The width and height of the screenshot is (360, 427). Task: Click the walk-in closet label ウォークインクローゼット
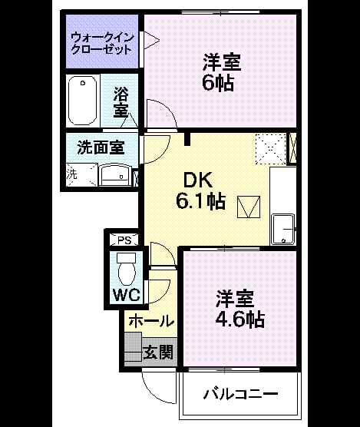tap(102, 44)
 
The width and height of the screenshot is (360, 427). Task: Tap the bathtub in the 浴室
tap(83, 100)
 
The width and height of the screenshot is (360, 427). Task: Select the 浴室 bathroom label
tap(121, 102)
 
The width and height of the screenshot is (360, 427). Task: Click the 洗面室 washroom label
tap(101, 147)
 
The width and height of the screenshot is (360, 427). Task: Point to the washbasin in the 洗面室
tap(115, 175)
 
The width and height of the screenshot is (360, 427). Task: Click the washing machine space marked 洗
tap(81, 175)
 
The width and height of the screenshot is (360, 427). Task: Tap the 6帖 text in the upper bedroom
tap(218, 83)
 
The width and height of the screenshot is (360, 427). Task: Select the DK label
tap(198, 180)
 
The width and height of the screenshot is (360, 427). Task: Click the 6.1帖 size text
tap(201, 201)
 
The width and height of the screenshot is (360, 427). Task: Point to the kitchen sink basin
tap(283, 230)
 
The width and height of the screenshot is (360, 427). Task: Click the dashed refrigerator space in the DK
tap(271, 149)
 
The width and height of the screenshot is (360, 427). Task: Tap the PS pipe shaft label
tap(124, 240)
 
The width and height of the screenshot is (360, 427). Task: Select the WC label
tap(127, 294)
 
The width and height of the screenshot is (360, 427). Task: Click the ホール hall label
tap(151, 321)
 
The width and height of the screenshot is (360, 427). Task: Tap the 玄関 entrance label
tap(158, 353)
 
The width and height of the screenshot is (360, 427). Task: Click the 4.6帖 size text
tap(240, 319)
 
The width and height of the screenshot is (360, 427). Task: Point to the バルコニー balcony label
tap(241, 394)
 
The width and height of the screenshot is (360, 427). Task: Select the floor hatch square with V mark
tap(249, 207)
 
